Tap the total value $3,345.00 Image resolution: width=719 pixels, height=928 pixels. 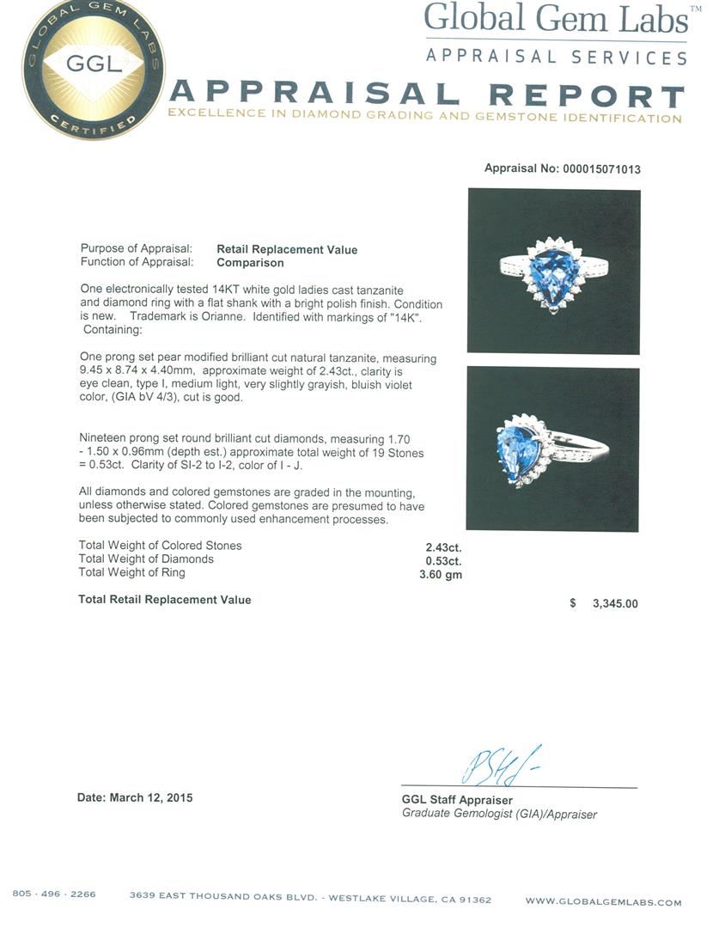click(614, 603)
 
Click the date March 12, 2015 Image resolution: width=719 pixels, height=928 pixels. click(135, 797)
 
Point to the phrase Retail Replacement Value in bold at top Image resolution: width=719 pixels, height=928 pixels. click(287, 250)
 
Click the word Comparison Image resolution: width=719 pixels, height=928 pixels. click(250, 263)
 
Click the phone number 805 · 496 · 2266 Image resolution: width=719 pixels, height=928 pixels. click(54, 894)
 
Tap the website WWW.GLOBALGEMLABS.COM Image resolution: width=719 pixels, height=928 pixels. click(603, 902)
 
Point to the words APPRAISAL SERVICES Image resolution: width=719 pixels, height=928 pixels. click(557, 58)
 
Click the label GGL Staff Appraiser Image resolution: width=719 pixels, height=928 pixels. click(457, 801)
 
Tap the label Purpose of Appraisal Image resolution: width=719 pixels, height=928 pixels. click(137, 250)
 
